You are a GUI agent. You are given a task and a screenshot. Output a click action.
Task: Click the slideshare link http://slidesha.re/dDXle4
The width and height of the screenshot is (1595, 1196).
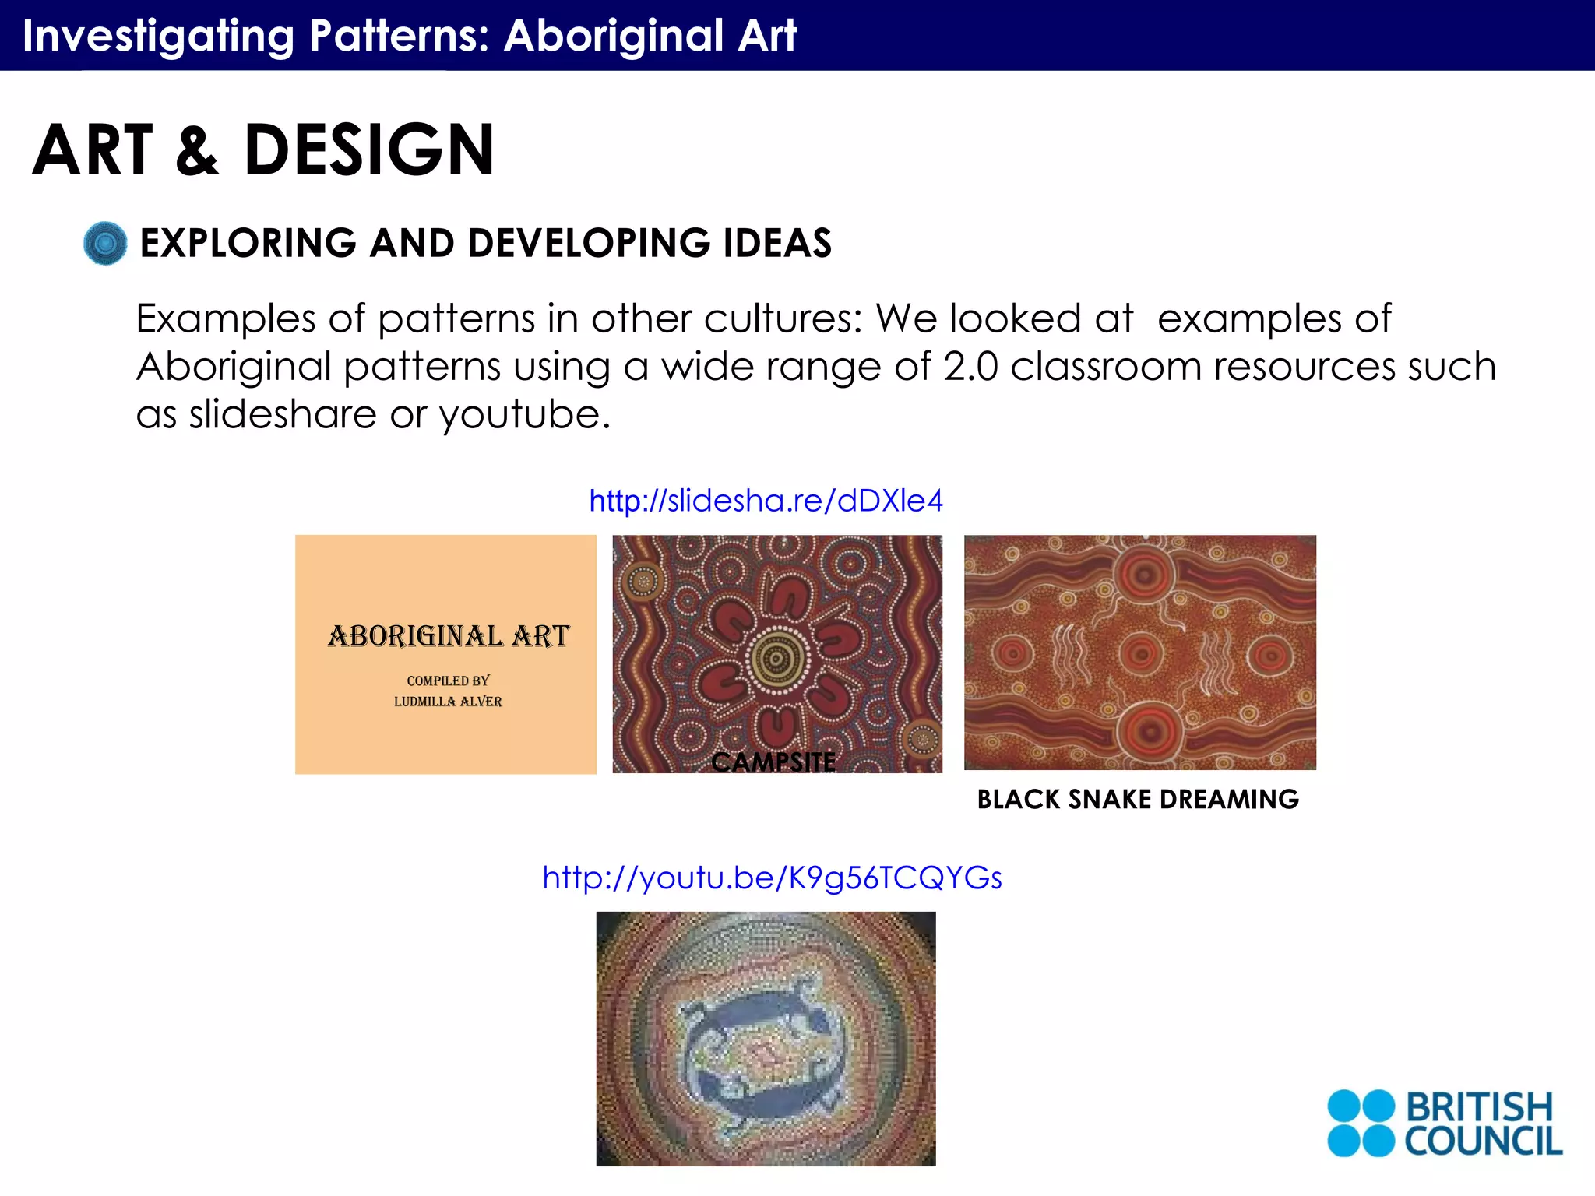(x=766, y=501)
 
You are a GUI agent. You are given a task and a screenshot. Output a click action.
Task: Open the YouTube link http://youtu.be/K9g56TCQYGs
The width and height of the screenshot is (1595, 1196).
(x=772, y=878)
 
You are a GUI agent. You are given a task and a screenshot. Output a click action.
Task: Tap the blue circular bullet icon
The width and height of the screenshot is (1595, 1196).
(x=105, y=243)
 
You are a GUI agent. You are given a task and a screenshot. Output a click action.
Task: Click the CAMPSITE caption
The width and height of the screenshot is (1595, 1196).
(x=773, y=762)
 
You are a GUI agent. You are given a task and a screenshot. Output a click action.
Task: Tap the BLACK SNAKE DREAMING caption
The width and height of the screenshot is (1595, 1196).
(x=1138, y=800)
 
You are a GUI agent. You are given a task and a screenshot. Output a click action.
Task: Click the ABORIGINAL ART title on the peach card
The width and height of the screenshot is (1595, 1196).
(x=449, y=636)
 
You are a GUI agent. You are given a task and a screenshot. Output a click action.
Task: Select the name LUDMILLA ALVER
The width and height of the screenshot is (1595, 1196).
(x=448, y=702)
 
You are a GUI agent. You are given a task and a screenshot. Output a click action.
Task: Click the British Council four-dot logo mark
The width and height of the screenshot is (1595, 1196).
(x=1361, y=1123)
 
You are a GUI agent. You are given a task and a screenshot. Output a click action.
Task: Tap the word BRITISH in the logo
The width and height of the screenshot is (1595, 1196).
(x=1479, y=1106)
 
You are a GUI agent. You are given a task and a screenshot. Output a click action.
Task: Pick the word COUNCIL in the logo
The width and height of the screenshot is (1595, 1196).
(x=1483, y=1141)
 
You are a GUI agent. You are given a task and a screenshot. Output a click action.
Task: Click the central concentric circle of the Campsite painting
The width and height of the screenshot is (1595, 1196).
(x=776, y=660)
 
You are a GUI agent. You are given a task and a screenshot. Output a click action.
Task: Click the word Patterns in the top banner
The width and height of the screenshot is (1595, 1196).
(x=399, y=36)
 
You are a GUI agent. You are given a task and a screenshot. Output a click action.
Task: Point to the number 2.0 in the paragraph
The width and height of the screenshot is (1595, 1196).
(x=970, y=366)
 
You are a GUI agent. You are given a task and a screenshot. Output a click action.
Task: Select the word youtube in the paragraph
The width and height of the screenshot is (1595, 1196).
(x=524, y=414)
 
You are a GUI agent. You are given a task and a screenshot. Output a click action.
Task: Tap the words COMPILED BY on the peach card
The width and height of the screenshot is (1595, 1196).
(x=448, y=681)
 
